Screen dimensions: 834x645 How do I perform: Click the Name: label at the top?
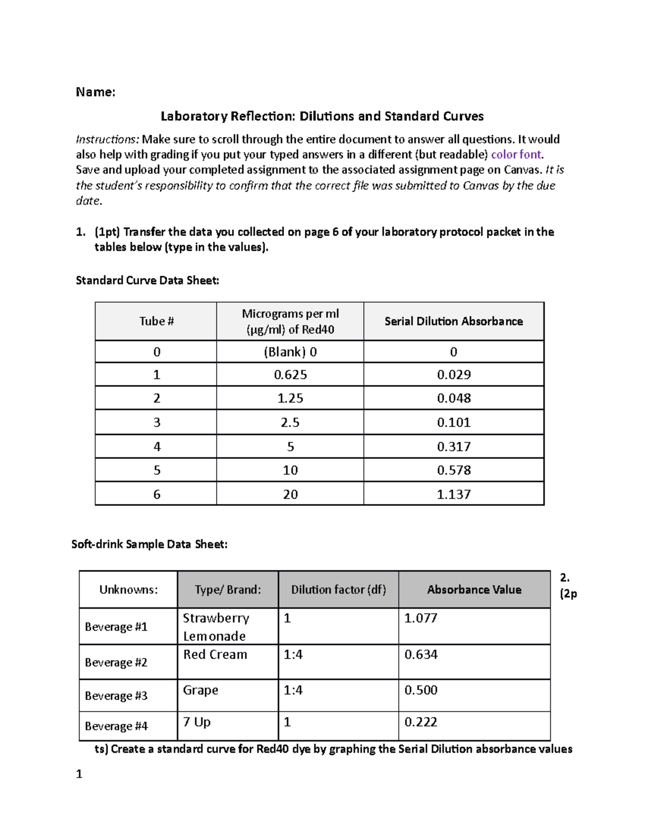click(x=96, y=92)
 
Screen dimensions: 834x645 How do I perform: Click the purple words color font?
click(x=517, y=155)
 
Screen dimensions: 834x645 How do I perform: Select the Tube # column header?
click(x=156, y=321)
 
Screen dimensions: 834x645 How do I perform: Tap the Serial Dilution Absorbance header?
click(x=453, y=321)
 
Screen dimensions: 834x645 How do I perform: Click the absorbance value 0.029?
click(x=453, y=375)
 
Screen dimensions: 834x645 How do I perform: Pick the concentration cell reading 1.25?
click(x=290, y=398)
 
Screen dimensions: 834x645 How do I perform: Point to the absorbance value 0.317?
click(x=453, y=447)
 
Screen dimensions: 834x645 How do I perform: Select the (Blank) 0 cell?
click(x=290, y=352)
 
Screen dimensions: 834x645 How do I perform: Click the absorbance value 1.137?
click(x=453, y=494)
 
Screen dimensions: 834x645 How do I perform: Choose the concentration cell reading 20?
click(x=290, y=494)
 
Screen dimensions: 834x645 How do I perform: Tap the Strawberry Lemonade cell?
click(x=216, y=627)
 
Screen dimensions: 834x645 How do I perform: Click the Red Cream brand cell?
click(x=215, y=655)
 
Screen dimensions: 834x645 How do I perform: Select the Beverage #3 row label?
click(x=116, y=695)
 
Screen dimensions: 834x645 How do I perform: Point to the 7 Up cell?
click(x=197, y=722)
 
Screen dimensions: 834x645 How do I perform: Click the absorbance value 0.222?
click(x=420, y=722)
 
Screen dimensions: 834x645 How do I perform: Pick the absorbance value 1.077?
click(x=420, y=618)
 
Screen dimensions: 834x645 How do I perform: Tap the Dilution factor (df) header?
click(x=338, y=590)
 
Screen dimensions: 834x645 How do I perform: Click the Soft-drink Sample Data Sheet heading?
click(x=149, y=544)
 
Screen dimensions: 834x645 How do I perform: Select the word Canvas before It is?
click(x=522, y=170)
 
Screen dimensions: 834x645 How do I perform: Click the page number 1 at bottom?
click(x=79, y=774)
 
